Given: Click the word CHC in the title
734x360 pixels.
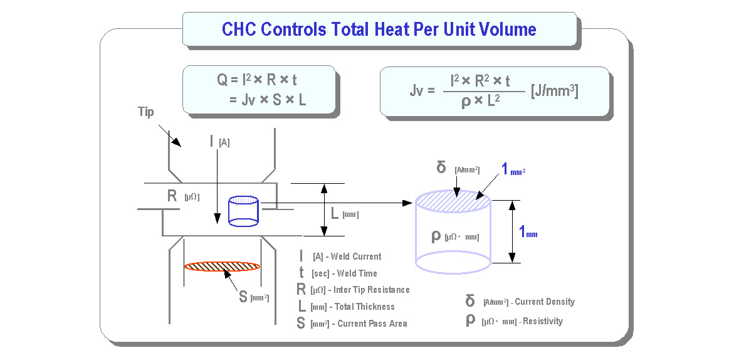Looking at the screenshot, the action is [x=239, y=30].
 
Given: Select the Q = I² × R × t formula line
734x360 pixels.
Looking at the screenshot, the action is [x=256, y=80].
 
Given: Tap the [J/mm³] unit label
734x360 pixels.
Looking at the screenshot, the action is [x=555, y=92].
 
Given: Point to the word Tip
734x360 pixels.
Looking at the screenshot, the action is [x=145, y=112].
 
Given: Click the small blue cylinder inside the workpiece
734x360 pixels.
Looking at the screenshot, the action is [x=243, y=211].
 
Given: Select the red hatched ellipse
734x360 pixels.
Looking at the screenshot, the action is [x=222, y=267].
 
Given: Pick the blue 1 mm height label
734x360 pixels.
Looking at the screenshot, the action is [x=528, y=231].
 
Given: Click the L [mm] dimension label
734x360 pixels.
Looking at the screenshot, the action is [x=344, y=214].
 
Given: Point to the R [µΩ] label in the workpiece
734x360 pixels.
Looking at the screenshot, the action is [x=183, y=196].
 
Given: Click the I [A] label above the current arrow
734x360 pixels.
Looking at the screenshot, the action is [x=219, y=141].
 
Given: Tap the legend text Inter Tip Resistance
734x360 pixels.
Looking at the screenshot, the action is [x=372, y=290].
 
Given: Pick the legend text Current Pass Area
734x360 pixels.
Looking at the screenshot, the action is [x=372, y=324].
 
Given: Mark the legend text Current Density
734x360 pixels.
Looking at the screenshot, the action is [x=545, y=302].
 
